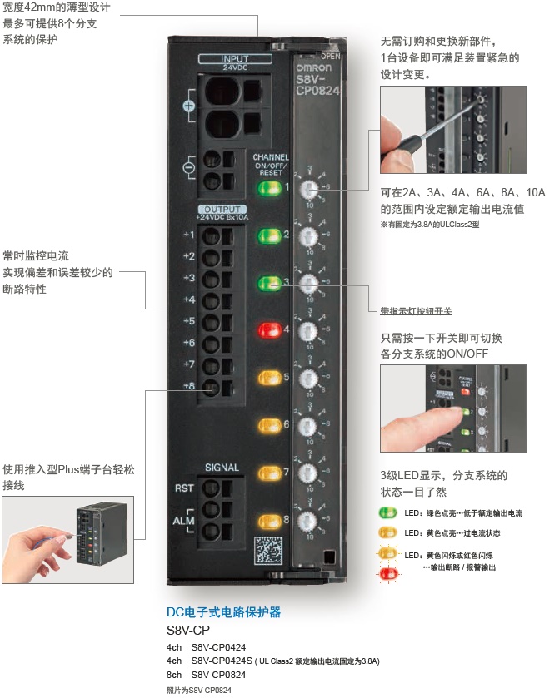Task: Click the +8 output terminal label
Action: (189, 386)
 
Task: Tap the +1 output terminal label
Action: (189, 235)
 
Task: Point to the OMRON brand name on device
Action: (313, 68)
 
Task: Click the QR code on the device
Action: (267, 552)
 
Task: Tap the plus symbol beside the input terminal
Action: (188, 106)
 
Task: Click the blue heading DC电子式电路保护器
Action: (224, 612)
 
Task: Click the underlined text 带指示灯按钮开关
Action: (416, 311)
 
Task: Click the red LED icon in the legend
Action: (388, 573)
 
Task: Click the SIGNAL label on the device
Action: (222, 468)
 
